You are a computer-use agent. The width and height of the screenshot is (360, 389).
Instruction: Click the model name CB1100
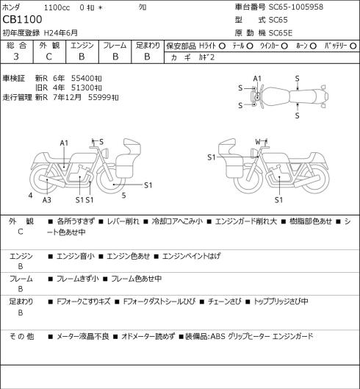coord(22,20)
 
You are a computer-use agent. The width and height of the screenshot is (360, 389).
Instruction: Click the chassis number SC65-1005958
coord(296,7)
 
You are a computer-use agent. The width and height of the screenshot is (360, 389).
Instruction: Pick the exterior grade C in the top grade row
coord(48,57)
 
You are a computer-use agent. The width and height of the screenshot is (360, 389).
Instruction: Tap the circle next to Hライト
coord(222,46)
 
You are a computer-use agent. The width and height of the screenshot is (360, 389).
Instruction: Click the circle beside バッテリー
coord(353,46)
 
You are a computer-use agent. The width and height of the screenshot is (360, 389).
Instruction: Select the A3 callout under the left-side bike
coord(47,200)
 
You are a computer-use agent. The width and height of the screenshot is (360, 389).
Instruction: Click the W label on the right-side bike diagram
coord(258,142)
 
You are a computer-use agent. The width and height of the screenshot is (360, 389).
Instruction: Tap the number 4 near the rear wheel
coord(31,196)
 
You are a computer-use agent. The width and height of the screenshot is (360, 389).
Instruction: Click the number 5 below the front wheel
coord(123,196)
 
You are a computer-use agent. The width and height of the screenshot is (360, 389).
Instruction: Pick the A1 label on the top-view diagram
coord(257,79)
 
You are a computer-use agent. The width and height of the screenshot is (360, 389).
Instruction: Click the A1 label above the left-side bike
coord(64,143)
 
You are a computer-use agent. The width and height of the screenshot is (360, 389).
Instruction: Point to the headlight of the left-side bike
coord(106,152)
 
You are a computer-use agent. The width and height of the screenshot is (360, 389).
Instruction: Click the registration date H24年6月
coord(61,33)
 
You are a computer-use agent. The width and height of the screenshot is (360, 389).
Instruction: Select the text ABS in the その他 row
coord(218,336)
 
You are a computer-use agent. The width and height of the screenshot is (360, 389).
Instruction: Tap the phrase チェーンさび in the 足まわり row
coord(224,301)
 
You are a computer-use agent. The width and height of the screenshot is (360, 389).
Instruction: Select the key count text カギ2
coord(206,57)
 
